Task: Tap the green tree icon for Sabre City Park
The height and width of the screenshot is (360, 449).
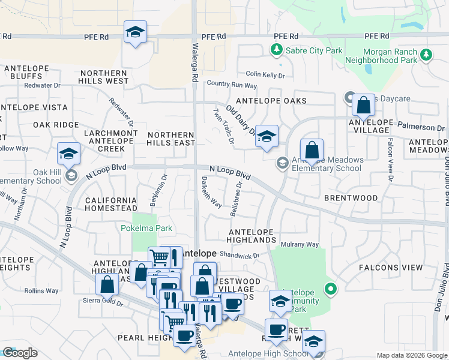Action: (x=277, y=50)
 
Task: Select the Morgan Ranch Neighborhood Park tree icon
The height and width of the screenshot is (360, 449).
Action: (x=426, y=55)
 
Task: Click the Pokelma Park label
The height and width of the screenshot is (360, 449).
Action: (x=146, y=228)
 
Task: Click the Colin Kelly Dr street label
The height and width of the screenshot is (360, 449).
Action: (x=265, y=75)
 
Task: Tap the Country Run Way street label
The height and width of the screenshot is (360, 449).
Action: (x=232, y=85)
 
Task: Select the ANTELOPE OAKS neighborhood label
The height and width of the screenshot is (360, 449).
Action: (x=271, y=101)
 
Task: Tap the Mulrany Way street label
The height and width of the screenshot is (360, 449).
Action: (x=300, y=244)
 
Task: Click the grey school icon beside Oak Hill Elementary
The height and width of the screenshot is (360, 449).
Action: (x=71, y=175)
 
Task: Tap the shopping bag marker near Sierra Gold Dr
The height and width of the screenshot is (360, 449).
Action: (x=107, y=284)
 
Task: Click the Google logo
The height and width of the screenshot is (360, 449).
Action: (x=20, y=353)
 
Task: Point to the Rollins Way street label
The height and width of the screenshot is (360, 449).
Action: (x=41, y=291)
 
